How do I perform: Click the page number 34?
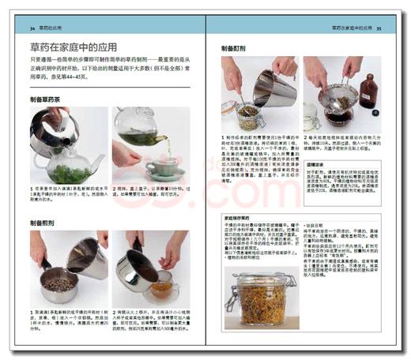(32, 29)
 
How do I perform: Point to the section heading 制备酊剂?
(237, 48)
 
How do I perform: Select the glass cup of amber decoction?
(161, 291)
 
